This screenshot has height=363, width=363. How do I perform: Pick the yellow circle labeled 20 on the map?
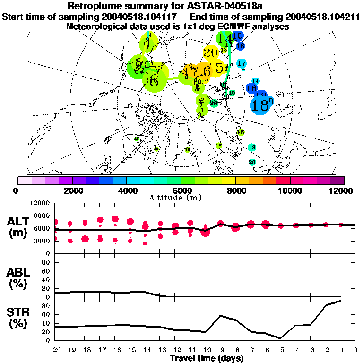(x=211, y=53)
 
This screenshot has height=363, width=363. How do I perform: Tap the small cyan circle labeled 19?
(x=251, y=147)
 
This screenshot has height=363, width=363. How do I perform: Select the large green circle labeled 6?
(x=154, y=79)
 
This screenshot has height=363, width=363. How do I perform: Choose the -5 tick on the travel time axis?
(x=280, y=350)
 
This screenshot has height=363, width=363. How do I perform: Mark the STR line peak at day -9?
(x=220, y=315)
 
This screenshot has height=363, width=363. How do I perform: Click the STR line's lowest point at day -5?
(x=280, y=338)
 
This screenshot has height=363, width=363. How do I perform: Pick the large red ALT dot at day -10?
(x=205, y=232)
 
